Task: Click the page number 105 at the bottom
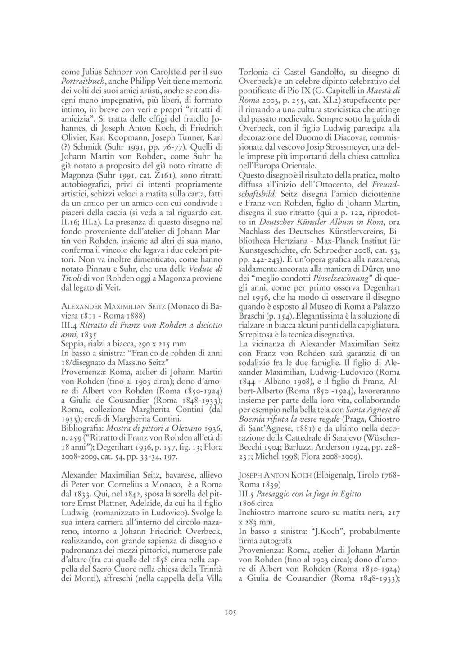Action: pyautogui.click(x=230, y=612)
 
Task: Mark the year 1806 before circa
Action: pyautogui.click(x=248, y=503)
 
